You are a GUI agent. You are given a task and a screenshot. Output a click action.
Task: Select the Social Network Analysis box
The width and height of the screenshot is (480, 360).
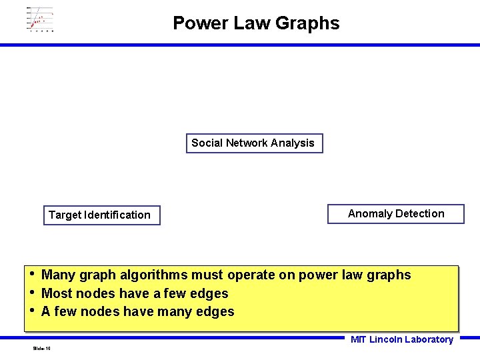click(x=253, y=143)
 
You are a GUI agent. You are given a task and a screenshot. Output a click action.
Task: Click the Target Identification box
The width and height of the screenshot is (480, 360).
click(x=101, y=215)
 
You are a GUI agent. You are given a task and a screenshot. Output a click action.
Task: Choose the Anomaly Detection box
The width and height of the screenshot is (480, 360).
click(x=396, y=214)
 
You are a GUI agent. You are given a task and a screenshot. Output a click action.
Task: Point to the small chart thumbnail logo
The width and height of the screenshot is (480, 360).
click(x=40, y=19)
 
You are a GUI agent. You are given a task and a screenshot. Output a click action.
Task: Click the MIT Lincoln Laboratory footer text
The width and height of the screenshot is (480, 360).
click(x=401, y=340)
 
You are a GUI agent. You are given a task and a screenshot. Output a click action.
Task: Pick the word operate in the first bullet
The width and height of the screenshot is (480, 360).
click(x=252, y=275)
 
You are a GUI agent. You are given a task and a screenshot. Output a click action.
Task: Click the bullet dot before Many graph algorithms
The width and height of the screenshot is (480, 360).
click(x=31, y=273)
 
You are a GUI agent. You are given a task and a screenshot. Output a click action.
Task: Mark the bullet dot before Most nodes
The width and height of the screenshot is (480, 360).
click(x=31, y=292)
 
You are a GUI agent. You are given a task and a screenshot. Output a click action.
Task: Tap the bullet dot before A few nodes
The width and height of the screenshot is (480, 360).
click(x=31, y=310)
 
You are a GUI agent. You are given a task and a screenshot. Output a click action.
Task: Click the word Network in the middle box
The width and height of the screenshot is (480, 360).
click(x=247, y=143)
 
